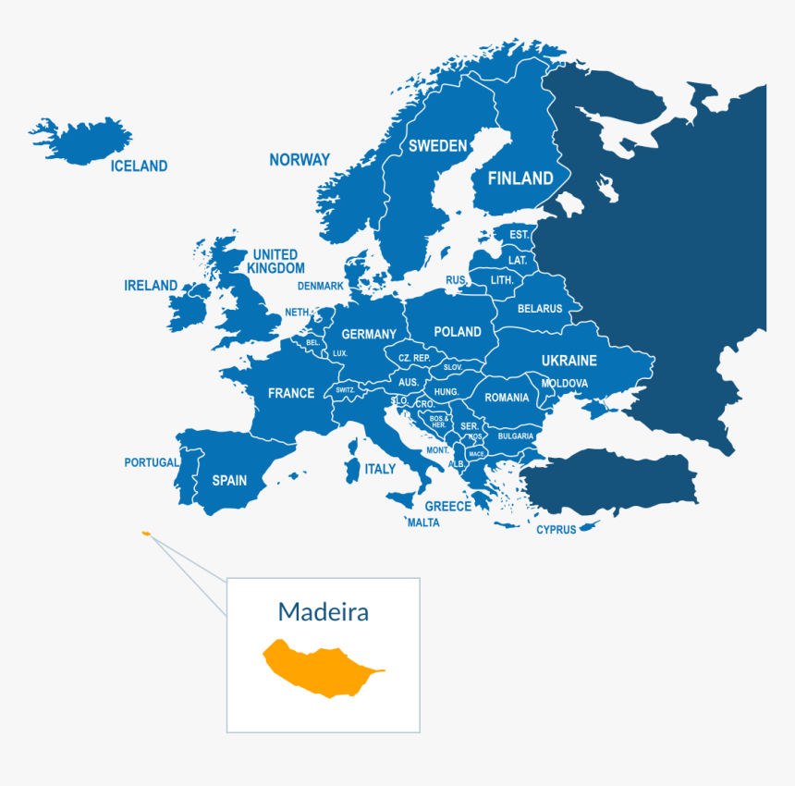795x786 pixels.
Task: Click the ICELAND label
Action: click(x=139, y=166)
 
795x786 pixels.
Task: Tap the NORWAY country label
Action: click(x=300, y=160)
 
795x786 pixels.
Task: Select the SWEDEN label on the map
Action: click(x=437, y=146)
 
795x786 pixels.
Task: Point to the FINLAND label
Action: click(x=520, y=178)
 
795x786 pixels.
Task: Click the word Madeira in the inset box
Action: click(x=323, y=611)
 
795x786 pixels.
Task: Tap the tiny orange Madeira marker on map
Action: click(x=145, y=534)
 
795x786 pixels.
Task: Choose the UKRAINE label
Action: click(x=569, y=361)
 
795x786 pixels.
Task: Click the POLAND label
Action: click(x=458, y=332)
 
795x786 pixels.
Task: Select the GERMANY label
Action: click(x=369, y=335)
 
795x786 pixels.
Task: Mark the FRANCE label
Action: click(x=291, y=393)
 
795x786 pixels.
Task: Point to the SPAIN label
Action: click(x=229, y=480)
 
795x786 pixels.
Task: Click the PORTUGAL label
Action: click(x=152, y=462)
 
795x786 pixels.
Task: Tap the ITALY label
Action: click(x=380, y=469)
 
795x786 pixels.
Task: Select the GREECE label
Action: click(x=447, y=506)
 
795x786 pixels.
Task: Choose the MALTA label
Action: click(x=423, y=522)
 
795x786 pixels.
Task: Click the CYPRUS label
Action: click(x=556, y=530)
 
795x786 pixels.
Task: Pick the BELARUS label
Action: click(x=540, y=309)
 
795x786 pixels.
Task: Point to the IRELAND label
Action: click(x=151, y=286)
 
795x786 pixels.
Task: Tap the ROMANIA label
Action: click(x=507, y=398)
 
